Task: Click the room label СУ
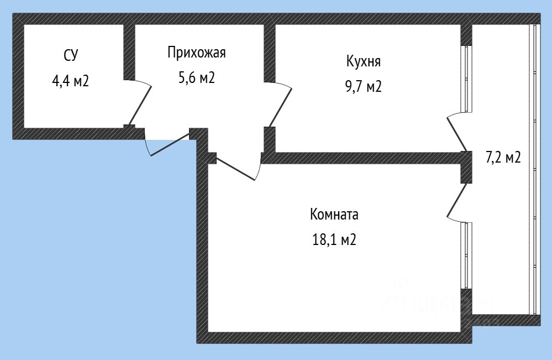click(71, 55)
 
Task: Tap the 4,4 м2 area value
click(71, 81)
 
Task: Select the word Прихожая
click(197, 53)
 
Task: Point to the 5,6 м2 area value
click(196, 78)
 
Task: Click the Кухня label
click(363, 61)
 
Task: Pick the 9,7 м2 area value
click(364, 87)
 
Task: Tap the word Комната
click(335, 214)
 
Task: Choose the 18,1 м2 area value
click(334, 240)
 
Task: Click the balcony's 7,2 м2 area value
click(503, 158)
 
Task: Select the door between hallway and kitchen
click(280, 105)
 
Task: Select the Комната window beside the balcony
click(466, 254)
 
